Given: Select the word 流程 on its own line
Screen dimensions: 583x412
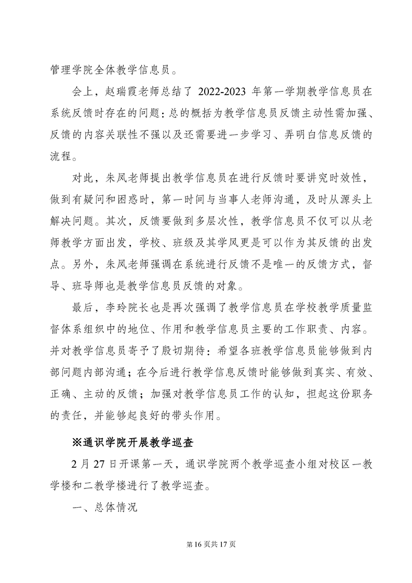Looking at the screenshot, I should point(63,157).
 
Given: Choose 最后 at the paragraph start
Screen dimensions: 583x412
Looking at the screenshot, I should point(82,308).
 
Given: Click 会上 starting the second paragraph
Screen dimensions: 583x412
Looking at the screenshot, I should point(82,92).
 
